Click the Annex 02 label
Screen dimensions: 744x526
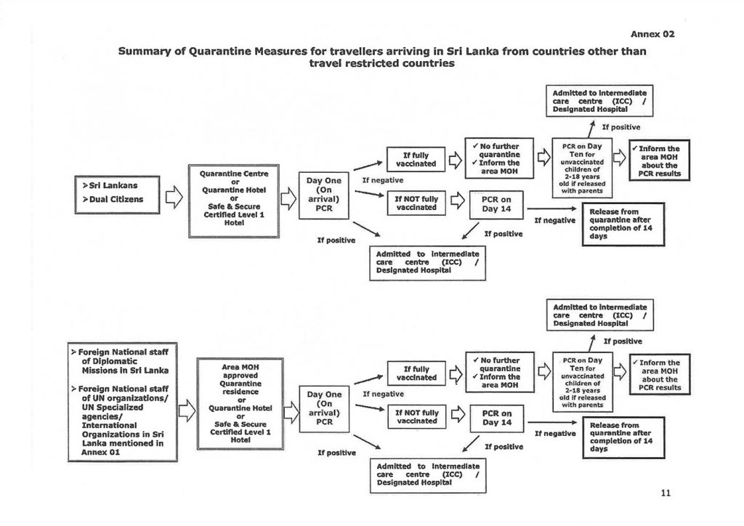pyautogui.click(x=652, y=34)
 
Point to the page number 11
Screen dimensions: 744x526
pyautogui.click(x=666, y=493)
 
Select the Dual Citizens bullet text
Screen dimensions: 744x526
pyautogui.click(x=113, y=199)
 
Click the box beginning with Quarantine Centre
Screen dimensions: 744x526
pyautogui.click(x=234, y=201)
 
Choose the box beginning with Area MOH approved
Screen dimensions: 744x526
pyautogui.click(x=240, y=404)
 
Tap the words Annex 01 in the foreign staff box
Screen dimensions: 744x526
pyautogui.click(x=100, y=452)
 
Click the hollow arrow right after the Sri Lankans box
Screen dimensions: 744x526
pyautogui.click(x=174, y=196)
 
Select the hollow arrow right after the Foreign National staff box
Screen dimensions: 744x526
pyautogui.click(x=187, y=410)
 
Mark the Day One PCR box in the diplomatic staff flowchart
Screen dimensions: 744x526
pyautogui.click(x=325, y=408)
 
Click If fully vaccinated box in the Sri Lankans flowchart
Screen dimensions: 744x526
pyautogui.click(x=416, y=159)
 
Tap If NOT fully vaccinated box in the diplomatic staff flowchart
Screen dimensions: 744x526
pyautogui.click(x=417, y=417)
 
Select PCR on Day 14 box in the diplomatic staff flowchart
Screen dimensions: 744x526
pyautogui.click(x=497, y=418)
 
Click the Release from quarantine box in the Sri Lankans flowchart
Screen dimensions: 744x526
pyautogui.click(x=623, y=224)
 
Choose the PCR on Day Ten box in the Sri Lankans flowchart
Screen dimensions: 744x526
pyautogui.click(x=582, y=168)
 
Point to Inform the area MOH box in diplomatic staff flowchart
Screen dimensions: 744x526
pyautogui.click(x=660, y=375)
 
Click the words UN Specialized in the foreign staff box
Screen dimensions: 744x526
pyautogui.click(x=113, y=407)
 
